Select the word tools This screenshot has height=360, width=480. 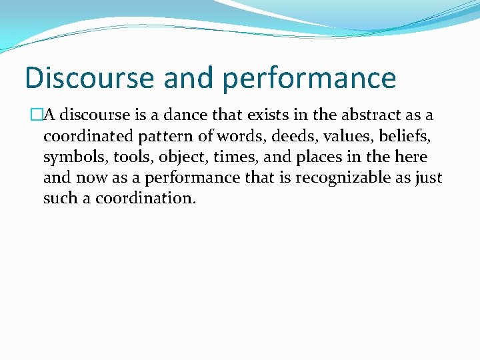coord(131,157)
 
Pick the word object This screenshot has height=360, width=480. coord(181,158)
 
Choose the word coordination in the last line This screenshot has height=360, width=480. coord(144,199)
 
